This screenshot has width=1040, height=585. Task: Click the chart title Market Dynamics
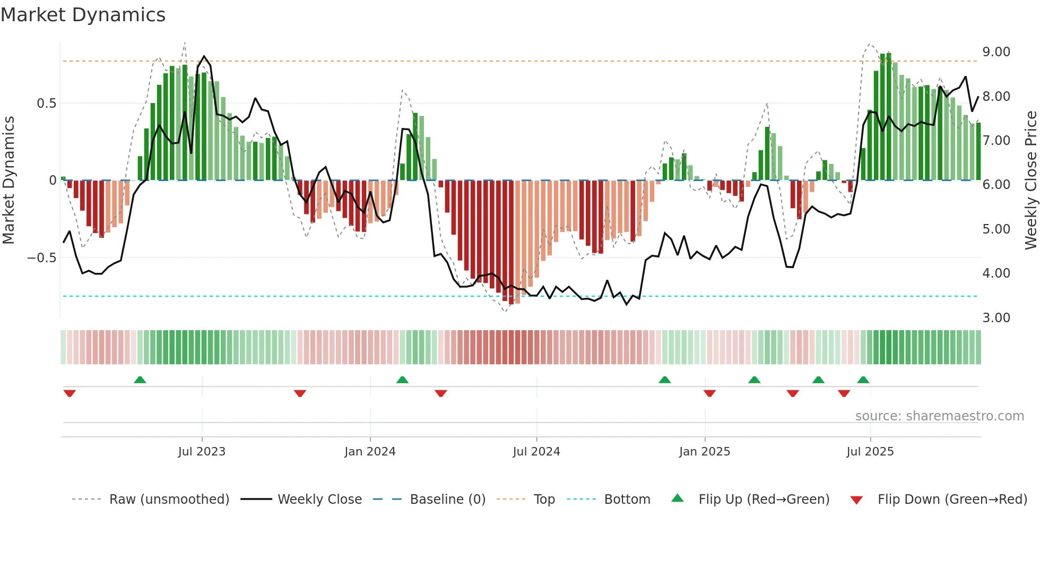point(83,15)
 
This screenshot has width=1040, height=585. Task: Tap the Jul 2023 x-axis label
point(202,452)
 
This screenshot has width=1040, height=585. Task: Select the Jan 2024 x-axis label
point(370,452)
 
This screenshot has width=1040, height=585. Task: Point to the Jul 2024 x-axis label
point(536,452)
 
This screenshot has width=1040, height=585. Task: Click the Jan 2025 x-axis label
point(705,452)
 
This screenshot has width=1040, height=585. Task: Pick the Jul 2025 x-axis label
point(870,452)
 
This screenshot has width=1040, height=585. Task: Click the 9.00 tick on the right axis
point(996,52)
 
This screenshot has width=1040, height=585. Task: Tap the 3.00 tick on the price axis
point(996,318)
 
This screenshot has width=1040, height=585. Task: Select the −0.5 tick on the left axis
point(42,258)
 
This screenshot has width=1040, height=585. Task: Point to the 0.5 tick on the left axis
point(47,104)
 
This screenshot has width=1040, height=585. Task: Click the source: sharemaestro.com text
point(939,416)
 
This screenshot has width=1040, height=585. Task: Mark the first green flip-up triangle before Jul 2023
point(140,380)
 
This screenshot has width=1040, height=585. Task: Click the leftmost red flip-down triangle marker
point(70,393)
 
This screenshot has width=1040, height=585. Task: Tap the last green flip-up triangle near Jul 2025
point(863,380)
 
